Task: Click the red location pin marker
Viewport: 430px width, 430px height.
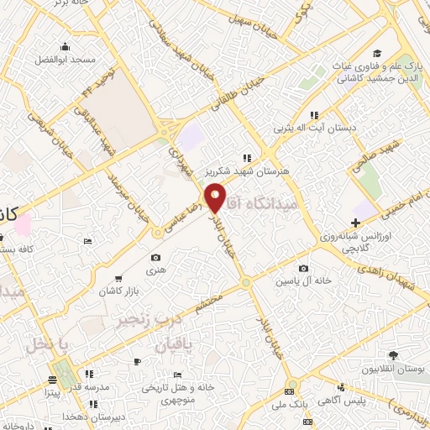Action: [x=216, y=197]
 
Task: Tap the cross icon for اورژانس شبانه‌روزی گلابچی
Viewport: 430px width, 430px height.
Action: [x=356, y=223]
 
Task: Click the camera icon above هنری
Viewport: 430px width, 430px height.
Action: [x=155, y=257]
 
